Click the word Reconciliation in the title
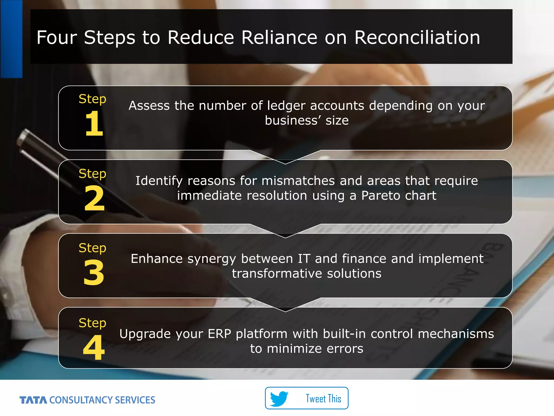417,37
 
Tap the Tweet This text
323,399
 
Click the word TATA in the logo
33,400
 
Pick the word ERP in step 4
219,334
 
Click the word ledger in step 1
286,106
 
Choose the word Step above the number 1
92,99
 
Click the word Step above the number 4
92,323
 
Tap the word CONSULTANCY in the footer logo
80,400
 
